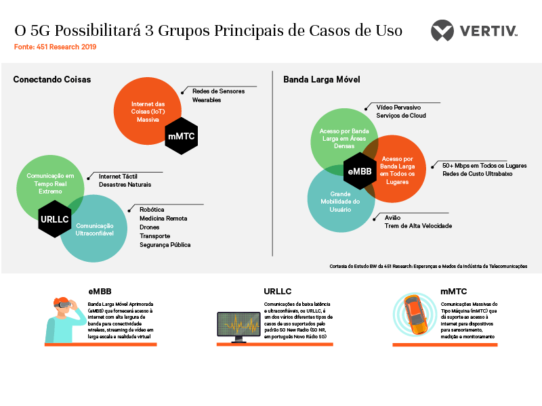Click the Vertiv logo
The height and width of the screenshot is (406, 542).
click(474, 31)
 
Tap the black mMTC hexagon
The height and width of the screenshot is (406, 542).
click(181, 137)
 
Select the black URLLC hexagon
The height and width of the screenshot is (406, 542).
click(56, 219)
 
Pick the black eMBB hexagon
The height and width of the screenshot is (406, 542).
click(360, 171)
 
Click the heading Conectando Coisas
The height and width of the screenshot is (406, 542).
click(52, 80)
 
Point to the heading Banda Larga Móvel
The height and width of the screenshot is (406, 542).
click(322, 80)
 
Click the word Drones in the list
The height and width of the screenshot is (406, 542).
click(150, 227)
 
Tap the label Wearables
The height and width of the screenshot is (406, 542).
click(207, 100)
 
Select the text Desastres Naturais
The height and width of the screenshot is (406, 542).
click(125, 185)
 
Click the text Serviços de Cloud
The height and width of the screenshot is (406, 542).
click(401, 116)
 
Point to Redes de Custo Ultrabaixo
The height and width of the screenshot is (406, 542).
click(477, 174)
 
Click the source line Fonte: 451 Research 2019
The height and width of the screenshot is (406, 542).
click(56, 47)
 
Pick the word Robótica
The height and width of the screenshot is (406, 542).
click(152, 210)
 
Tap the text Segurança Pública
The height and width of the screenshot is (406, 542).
click(165, 245)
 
